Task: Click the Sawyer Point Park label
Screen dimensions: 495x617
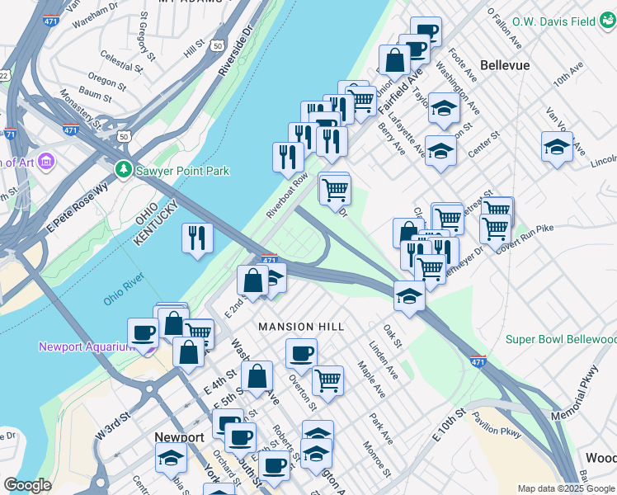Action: tap(183, 171)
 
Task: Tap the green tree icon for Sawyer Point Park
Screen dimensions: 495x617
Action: tap(124, 170)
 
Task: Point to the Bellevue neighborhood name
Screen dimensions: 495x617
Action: tap(504, 64)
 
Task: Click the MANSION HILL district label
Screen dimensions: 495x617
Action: tap(301, 327)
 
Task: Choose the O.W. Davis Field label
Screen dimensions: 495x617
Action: tap(553, 21)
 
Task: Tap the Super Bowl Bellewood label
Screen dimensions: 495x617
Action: tap(560, 339)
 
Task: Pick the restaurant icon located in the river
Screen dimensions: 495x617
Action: tap(197, 238)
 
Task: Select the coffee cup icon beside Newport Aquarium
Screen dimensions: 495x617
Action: tap(144, 332)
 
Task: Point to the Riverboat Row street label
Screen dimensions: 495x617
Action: tap(287, 196)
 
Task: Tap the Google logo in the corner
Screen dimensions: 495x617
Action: tap(27, 485)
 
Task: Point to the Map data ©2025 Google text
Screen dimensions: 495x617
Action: tap(566, 488)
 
